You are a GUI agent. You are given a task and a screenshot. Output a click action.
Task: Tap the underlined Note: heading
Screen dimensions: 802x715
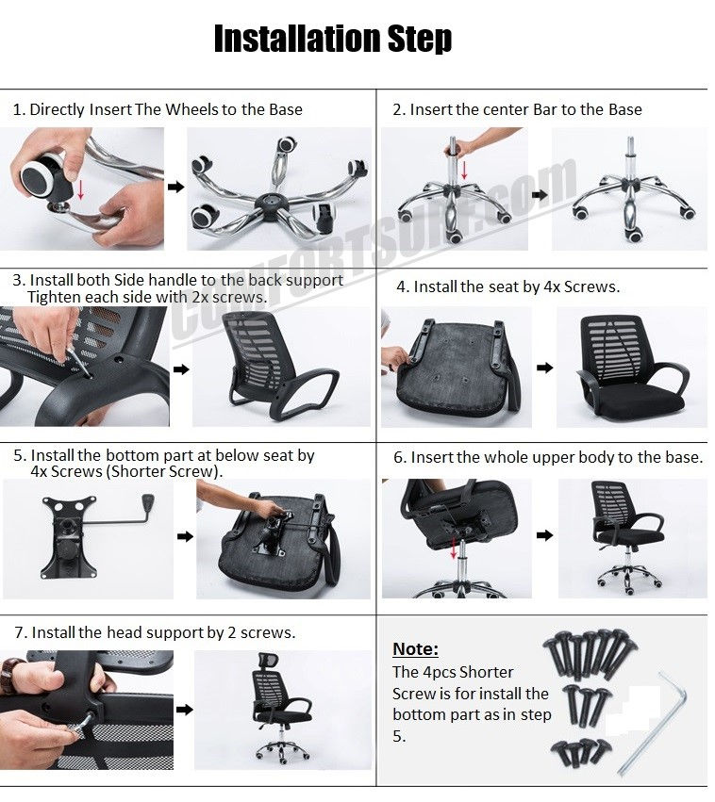point(415,649)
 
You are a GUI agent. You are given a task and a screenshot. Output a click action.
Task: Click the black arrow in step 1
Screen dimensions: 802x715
point(175,188)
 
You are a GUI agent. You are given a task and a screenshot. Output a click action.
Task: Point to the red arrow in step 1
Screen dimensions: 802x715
point(81,188)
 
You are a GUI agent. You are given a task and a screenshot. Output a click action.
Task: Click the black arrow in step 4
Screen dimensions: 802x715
point(544,366)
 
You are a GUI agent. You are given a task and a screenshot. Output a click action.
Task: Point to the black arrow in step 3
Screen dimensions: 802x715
point(181,369)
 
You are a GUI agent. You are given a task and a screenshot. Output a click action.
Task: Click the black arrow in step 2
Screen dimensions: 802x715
point(539,195)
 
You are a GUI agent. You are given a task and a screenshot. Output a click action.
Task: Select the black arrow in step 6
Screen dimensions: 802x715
point(545,535)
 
